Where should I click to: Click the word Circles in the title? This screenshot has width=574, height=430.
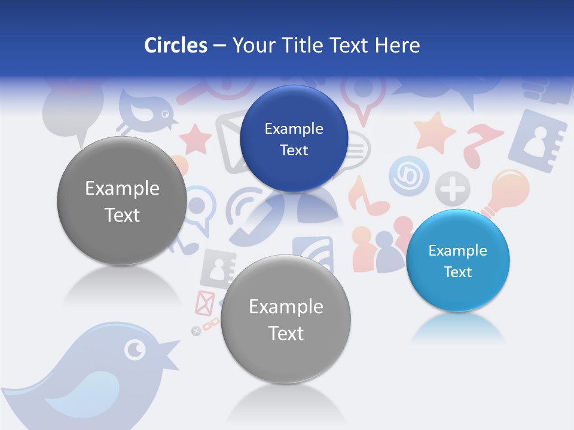176,45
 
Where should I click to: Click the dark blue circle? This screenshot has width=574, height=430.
294,139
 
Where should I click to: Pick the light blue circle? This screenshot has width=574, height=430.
457,260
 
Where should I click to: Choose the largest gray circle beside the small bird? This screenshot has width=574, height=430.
122,201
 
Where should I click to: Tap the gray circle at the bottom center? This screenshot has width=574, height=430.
286,319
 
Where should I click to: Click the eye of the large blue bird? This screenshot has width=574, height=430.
135,349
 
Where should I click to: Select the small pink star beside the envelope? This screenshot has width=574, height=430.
196,139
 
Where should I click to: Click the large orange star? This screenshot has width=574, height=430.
435,132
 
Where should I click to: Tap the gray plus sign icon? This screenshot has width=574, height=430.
453,189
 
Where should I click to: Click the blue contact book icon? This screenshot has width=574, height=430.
536,142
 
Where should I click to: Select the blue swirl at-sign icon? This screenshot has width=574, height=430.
410,177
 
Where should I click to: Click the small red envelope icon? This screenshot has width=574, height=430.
204,303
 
